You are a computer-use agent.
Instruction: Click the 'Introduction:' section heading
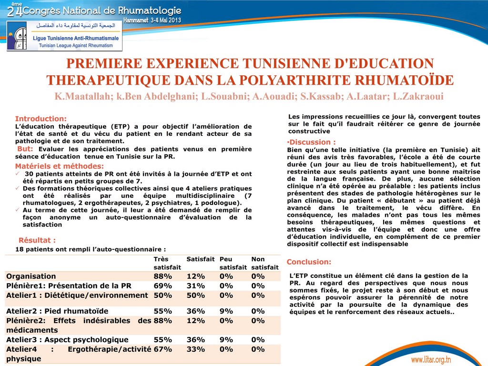[41, 119]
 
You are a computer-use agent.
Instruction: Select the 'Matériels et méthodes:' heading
[60, 166]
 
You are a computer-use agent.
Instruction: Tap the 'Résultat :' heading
[37, 240]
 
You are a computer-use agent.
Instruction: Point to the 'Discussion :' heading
[312, 142]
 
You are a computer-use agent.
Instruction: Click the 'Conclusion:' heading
[309, 262]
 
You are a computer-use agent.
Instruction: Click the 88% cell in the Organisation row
[163, 276]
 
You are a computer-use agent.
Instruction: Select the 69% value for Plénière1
[163, 286]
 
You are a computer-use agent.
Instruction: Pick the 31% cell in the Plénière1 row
[195, 286]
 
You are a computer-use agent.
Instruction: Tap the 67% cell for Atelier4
[163, 349]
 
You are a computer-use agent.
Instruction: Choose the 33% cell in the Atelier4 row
[195, 349]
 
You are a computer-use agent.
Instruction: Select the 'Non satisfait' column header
[264, 263]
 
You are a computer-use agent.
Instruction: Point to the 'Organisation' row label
[31, 276]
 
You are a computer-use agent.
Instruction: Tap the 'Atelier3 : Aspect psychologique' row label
[67, 340]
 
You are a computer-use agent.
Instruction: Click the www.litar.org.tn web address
[431, 359]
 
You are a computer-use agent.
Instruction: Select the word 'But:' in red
[25, 149]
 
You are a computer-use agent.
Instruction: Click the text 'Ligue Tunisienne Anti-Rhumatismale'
[76, 38]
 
